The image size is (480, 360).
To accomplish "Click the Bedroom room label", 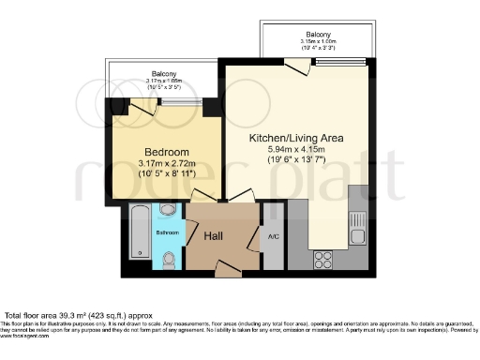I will [167, 152].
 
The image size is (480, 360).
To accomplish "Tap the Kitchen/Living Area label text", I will [295, 137].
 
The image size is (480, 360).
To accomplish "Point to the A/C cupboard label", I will [274, 236].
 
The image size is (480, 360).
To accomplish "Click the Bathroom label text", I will [167, 232].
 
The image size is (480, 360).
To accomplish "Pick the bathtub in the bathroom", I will [137, 235].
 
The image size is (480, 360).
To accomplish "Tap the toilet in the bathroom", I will [169, 260].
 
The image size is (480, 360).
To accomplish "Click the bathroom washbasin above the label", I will [168, 210].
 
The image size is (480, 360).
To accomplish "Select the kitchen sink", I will [356, 225].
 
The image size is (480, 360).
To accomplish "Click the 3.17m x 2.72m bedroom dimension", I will [167, 164].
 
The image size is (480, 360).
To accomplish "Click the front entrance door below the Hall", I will [227, 269].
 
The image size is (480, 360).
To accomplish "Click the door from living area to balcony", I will [297, 66].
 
